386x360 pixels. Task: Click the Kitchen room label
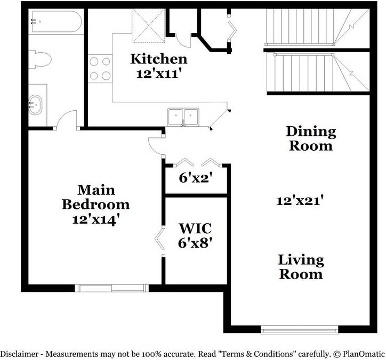pyautogui.click(x=159, y=59)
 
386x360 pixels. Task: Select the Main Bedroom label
pyautogui.click(x=96, y=197)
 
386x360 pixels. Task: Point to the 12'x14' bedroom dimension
pyautogui.click(x=96, y=219)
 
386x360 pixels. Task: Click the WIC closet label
pyautogui.click(x=195, y=229)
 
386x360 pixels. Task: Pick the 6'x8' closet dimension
pyautogui.click(x=196, y=243)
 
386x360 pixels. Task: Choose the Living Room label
pyautogui.click(x=301, y=267)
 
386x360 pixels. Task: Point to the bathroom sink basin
pyautogui.click(x=35, y=103)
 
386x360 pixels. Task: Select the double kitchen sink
pyautogui.click(x=183, y=116)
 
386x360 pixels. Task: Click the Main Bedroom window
pyautogui.click(x=112, y=288)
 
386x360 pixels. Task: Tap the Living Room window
pyautogui.click(x=299, y=329)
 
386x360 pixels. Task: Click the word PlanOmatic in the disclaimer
pyautogui.click(x=363, y=353)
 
